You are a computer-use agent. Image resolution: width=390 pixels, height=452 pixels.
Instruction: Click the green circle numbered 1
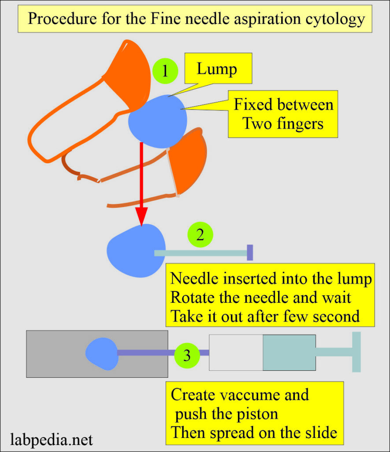(165, 71)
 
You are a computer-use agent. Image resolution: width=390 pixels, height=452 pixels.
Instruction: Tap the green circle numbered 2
(200, 234)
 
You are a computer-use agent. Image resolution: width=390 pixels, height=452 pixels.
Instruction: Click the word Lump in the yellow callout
(216, 69)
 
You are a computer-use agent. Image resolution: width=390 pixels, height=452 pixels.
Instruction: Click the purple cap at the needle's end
(250, 252)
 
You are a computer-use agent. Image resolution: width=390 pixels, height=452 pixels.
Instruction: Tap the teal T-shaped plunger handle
(356, 352)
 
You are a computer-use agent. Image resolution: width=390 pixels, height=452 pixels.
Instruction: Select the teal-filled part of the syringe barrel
(289, 352)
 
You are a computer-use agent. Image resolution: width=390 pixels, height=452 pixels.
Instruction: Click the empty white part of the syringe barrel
(236, 352)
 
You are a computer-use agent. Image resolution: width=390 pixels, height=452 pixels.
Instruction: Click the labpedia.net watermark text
(51, 440)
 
